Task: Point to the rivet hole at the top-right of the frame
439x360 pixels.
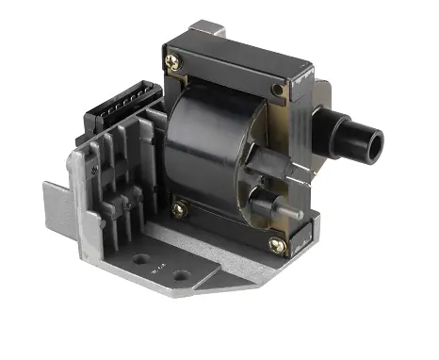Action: [x=276, y=90]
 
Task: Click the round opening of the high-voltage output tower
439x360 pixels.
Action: [x=375, y=144]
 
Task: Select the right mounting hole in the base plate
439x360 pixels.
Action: [x=179, y=275]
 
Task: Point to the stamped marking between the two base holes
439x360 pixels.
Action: [x=158, y=268]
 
